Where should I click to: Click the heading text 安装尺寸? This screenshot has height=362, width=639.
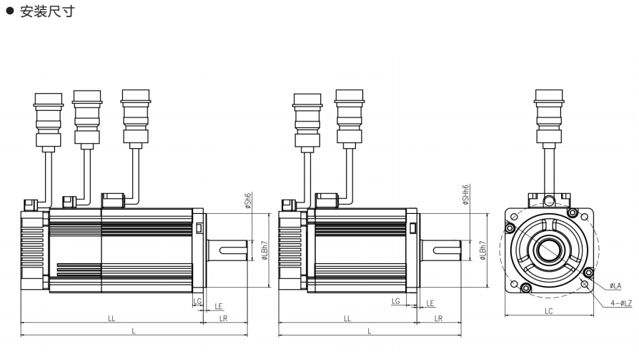(x=47, y=11)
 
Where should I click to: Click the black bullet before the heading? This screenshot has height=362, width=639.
(x=10, y=11)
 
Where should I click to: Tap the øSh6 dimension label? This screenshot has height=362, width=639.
(x=248, y=201)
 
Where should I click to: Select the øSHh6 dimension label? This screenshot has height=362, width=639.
(x=466, y=195)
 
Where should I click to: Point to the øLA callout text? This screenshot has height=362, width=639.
(x=615, y=285)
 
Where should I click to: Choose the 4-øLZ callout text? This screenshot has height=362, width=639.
(x=621, y=303)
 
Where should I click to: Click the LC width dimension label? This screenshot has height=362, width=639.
(x=548, y=311)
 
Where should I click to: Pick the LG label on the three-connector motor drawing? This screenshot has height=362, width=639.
(x=198, y=301)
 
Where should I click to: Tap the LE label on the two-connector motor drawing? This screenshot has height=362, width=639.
(x=430, y=303)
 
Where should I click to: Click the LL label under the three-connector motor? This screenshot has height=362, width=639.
(x=112, y=318)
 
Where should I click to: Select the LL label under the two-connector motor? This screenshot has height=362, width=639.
(x=347, y=318)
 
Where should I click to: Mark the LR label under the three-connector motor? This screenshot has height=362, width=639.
(x=223, y=318)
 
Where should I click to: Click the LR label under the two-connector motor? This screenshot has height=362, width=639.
(x=438, y=318)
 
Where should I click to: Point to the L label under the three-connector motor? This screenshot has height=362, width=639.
(x=133, y=331)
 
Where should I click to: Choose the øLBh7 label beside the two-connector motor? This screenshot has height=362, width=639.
(x=483, y=250)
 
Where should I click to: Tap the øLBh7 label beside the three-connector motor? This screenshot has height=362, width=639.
(x=265, y=250)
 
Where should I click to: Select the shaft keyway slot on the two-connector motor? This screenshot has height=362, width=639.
(x=445, y=250)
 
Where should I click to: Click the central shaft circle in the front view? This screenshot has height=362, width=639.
(x=549, y=250)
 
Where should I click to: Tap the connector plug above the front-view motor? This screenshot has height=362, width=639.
(x=549, y=117)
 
